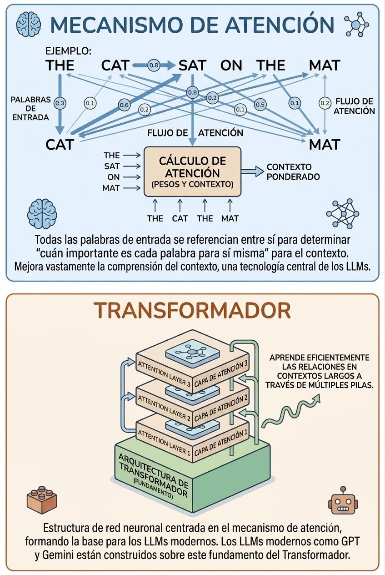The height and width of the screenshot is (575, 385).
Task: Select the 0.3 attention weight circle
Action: [x=60, y=103]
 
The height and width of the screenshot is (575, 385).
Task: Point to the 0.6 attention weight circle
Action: [x=124, y=105]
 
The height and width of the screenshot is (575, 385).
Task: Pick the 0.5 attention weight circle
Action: [x=260, y=105]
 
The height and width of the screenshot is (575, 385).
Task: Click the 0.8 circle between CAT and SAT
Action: [x=154, y=66]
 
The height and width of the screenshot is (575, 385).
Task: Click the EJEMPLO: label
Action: [x=68, y=51]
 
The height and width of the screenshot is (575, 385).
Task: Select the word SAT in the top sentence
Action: [x=192, y=66]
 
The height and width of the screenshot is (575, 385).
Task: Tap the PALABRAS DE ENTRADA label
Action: [x=31, y=108]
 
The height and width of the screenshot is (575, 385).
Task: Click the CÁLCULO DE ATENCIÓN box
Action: [x=193, y=172]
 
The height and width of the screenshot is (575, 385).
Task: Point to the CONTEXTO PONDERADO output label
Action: [x=293, y=172]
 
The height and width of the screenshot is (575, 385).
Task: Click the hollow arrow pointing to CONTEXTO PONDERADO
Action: [x=252, y=172]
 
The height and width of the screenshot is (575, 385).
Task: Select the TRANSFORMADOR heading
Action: [x=192, y=311]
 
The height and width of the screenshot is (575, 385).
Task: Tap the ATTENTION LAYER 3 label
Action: [x=164, y=374]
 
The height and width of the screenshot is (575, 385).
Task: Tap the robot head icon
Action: [x=343, y=500]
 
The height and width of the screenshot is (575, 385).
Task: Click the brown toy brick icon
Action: [x=41, y=500]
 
